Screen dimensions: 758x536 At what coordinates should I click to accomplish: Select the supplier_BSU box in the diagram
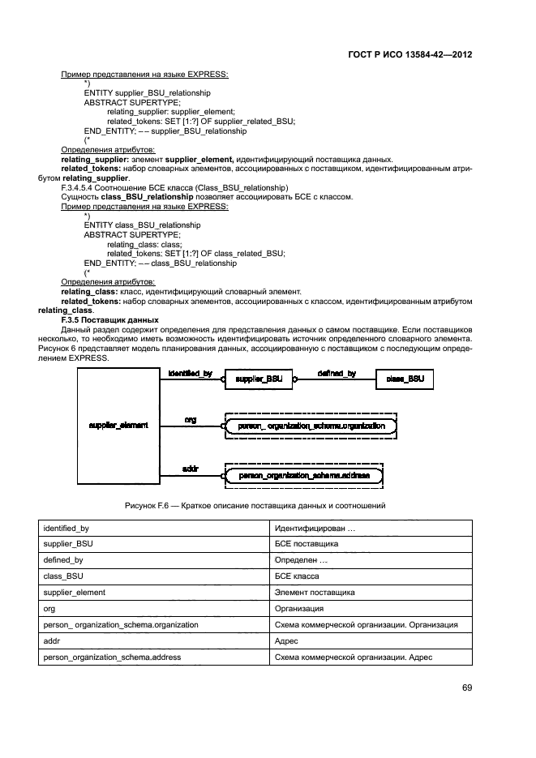[x=257, y=379]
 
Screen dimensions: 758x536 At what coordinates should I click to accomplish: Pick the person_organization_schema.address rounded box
[x=311, y=475]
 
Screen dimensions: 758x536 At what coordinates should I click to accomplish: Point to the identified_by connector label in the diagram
[x=190, y=373]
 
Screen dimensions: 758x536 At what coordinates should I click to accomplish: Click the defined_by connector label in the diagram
[x=336, y=373]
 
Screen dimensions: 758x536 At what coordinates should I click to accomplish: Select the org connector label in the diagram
[x=191, y=419]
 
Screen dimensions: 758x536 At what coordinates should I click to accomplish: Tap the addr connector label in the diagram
[x=191, y=469]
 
